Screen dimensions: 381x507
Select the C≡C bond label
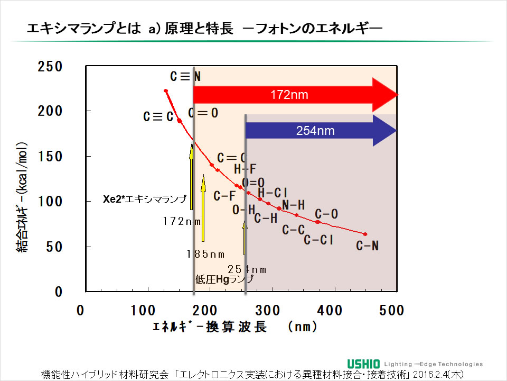click(158, 117)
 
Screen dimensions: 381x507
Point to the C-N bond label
click(367, 246)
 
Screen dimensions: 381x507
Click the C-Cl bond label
click(318, 240)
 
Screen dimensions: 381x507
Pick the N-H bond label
click(293, 205)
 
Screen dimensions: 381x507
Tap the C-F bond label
click(224, 196)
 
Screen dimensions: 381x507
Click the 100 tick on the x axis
click(143, 310)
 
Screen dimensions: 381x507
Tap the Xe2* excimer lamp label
click(144, 199)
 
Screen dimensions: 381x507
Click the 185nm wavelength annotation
click(205, 254)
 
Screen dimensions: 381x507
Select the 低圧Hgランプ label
click(224, 279)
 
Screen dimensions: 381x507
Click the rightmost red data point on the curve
click(365, 234)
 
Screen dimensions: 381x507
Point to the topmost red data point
click(166, 91)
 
